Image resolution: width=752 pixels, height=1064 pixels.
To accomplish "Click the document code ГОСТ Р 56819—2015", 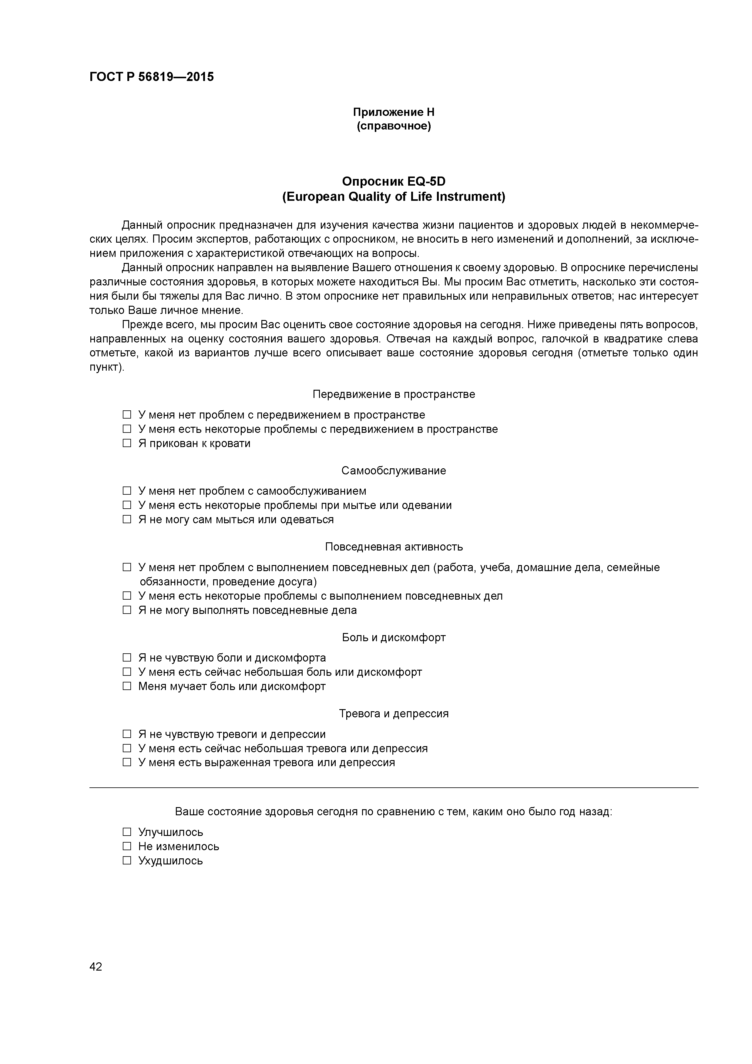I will click(x=152, y=77).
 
